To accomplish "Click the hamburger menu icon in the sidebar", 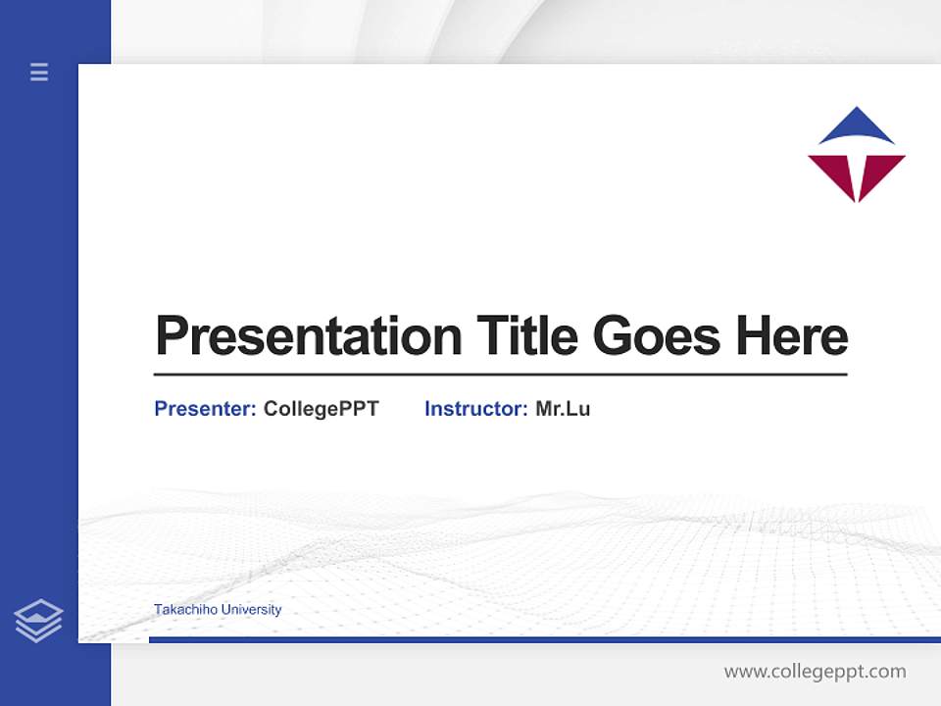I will click(x=39, y=72).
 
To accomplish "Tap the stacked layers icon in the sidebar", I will click(x=38, y=621).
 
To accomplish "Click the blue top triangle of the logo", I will click(x=857, y=129).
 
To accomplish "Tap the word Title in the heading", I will click(x=527, y=336).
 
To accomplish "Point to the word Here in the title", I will click(x=791, y=336).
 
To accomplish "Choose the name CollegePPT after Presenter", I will click(x=321, y=409).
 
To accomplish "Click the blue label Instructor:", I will click(x=476, y=409).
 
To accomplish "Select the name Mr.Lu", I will click(x=563, y=409).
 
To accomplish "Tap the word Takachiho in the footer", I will click(x=185, y=609).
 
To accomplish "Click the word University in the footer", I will click(x=251, y=609).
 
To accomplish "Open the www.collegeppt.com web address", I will click(x=815, y=672).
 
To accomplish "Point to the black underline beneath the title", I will click(x=500, y=375).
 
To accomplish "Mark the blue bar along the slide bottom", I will click(x=544, y=639).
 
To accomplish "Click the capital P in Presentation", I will click(x=172, y=336).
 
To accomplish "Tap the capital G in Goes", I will click(x=611, y=336).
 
